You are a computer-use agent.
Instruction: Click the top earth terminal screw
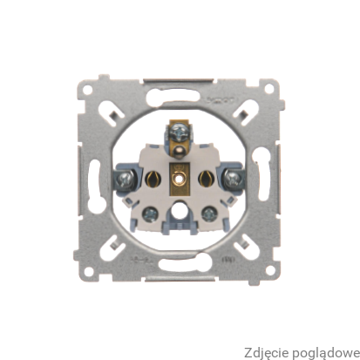[180, 132]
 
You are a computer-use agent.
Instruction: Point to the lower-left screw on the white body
[150, 214]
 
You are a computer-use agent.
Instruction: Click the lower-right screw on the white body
[210, 214]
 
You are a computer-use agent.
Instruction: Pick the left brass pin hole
[152, 178]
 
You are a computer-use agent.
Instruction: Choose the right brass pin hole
[207, 178]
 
